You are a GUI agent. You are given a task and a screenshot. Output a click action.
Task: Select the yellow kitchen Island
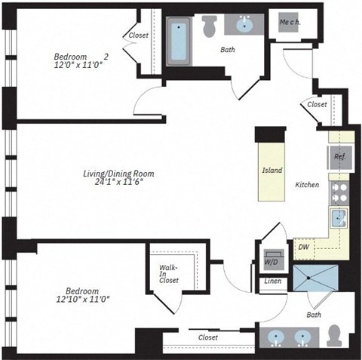click(272, 171)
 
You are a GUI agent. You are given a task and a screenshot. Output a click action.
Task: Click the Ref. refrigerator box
click(339, 157)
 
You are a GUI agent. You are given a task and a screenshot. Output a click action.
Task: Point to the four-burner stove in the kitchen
click(339, 190)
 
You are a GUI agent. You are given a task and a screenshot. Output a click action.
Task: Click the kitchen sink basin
click(339, 219)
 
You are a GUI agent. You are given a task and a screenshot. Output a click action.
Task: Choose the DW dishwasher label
click(303, 246)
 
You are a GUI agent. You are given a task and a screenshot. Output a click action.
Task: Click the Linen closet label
click(272, 282)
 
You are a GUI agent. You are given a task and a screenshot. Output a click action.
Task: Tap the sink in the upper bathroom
click(245, 26)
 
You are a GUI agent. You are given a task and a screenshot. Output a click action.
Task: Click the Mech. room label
click(290, 22)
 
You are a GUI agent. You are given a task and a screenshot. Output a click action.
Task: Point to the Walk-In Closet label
click(168, 274)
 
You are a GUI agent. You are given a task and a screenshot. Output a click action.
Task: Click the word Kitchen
click(307, 185)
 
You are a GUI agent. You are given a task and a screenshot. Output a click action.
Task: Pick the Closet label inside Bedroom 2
click(138, 35)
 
